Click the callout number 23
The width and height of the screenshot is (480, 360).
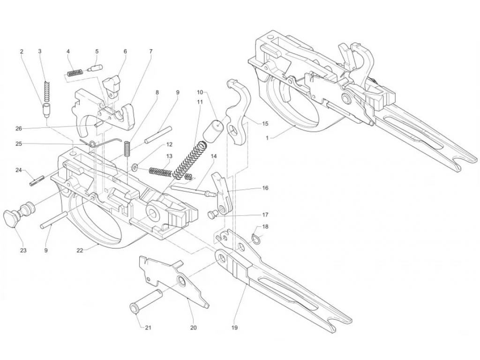coord(23,250)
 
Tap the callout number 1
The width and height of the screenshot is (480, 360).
coord(267,138)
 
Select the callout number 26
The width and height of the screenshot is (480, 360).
coord(19,128)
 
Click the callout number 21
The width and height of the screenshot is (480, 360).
coord(148,328)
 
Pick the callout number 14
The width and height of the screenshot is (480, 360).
coord(214,156)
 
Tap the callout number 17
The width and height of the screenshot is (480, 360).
coord(265,215)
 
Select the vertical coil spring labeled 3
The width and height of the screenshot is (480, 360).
coord(47,91)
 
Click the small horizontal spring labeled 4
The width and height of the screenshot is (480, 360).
coord(75,73)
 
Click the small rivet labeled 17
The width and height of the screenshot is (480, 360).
coord(212,215)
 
